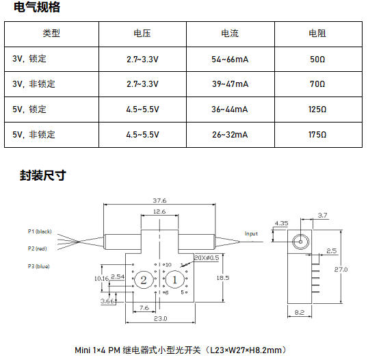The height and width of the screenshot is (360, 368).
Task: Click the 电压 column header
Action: coord(142,34)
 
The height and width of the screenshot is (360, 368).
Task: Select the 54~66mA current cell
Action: coord(230,59)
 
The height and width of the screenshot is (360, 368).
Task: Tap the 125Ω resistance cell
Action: coord(317,110)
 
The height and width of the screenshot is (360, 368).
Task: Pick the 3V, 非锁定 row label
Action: coord(34,83)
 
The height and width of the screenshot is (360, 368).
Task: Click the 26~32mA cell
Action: coord(230,135)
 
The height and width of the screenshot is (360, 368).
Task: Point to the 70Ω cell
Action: coord(317,83)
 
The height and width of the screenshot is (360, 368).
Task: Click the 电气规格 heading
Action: coord(37,7)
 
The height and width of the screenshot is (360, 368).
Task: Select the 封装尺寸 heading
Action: coord(43,175)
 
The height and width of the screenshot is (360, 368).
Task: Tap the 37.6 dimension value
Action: coord(159,201)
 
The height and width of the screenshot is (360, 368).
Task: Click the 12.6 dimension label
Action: coord(159,211)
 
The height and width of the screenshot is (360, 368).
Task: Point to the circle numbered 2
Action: coord(144,280)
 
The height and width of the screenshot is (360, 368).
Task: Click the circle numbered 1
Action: coord(175,280)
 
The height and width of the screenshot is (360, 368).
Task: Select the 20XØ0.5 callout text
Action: coord(207,257)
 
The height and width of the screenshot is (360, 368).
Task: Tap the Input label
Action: coord(251,233)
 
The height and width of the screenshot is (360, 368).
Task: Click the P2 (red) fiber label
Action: coord(38,248)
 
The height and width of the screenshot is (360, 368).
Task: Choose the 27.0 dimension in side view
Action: coord(341,270)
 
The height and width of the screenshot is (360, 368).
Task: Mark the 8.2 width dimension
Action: coord(300,312)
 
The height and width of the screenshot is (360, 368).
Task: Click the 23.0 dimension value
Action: coord(161,319)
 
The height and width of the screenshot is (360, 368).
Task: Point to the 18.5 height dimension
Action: coord(223,278)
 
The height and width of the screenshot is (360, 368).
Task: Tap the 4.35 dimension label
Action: coord(281,223)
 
